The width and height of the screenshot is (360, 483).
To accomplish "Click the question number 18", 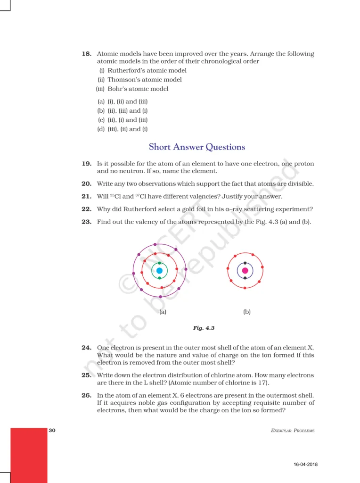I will pos(86,54).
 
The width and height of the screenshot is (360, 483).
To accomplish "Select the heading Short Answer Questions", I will pos(197,147).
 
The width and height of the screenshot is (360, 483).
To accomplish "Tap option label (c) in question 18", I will pos(101,120).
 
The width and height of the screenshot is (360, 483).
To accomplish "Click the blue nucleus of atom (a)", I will pos(159,271).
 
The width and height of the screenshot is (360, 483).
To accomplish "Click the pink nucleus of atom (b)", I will pos(245,271).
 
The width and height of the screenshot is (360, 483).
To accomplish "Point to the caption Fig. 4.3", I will pos(204,327).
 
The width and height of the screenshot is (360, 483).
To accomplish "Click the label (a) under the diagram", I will pos(163,312).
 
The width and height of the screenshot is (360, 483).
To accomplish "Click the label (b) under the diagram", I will pos(247,312).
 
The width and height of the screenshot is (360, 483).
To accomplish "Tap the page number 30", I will pos(52,430).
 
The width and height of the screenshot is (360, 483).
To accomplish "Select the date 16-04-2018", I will pos(305,464).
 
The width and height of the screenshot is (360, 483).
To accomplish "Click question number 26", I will pos(86,395).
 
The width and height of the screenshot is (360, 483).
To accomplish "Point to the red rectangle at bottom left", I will pos(28,455).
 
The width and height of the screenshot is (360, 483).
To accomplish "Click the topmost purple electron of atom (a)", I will pos(155,244).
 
